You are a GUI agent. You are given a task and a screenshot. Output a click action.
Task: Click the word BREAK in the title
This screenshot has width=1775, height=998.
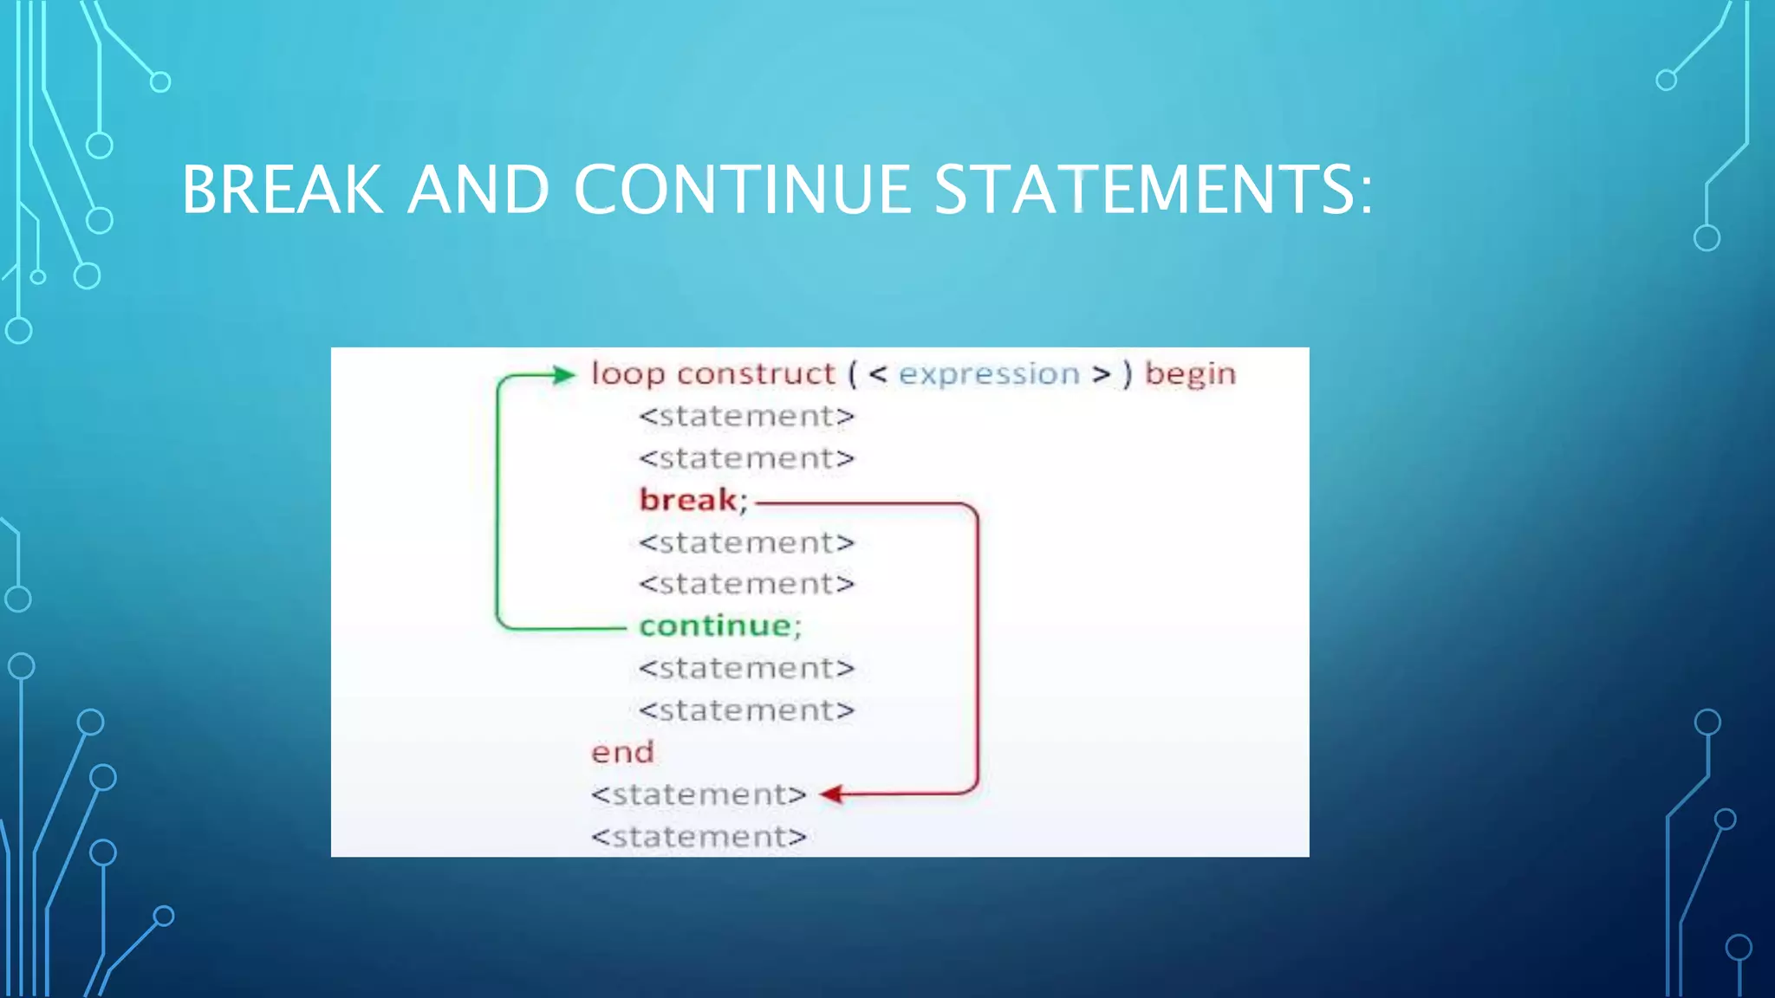282,190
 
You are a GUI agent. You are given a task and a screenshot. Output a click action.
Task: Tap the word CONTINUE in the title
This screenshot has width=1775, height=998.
742,190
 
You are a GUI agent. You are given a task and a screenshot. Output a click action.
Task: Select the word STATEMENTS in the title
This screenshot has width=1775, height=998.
1153,190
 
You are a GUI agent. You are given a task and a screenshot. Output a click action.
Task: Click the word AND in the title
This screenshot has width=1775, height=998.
478,190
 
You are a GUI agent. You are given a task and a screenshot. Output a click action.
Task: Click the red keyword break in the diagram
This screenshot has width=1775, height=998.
688,500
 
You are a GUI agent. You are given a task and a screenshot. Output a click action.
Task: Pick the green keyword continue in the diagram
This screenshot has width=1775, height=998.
716,625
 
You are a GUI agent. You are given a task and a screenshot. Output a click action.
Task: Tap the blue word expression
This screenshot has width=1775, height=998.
989,374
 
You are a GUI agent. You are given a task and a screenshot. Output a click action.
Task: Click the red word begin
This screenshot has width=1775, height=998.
1190,374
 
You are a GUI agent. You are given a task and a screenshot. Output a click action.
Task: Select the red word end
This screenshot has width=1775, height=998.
622,752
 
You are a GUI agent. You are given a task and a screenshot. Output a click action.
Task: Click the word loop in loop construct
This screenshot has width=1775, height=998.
627,374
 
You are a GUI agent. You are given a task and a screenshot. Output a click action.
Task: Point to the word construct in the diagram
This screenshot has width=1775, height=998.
756,374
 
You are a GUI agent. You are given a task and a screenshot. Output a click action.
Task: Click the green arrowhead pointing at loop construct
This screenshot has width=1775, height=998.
564,375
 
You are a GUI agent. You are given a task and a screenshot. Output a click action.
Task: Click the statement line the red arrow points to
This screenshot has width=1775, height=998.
699,794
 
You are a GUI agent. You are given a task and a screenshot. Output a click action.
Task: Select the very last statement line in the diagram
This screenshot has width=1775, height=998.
699,837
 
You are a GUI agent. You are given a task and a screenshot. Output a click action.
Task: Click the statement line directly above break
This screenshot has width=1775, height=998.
746,458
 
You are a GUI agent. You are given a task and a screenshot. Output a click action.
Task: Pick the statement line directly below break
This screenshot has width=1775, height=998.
746,543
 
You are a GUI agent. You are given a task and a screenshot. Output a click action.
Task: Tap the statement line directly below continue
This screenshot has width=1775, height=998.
746,669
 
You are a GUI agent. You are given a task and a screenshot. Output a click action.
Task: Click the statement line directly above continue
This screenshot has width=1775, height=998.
746,585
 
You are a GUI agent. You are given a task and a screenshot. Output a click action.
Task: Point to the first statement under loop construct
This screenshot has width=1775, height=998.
746,417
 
